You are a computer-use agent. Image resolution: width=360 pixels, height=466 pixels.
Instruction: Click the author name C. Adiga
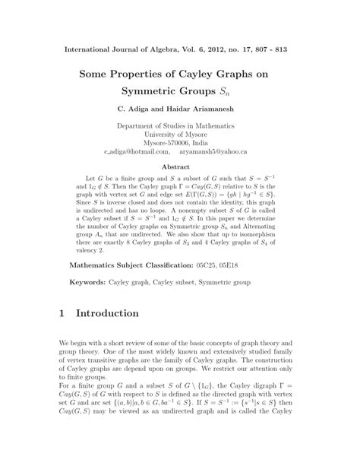[x=134, y=119]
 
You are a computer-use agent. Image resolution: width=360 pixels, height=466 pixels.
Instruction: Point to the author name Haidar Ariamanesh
[x=207, y=119]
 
